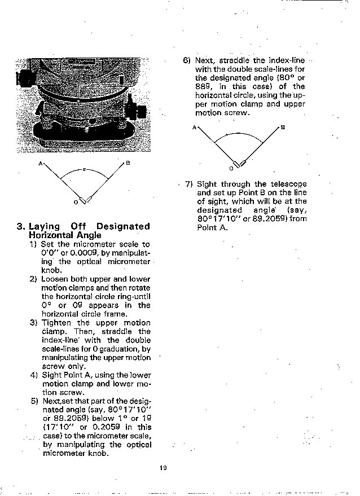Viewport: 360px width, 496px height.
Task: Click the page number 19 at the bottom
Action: tap(163, 467)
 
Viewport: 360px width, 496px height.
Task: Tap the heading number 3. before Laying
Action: tap(21, 227)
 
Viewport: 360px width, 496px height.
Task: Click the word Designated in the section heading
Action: tap(123, 227)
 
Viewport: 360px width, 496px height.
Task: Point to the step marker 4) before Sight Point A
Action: tap(34, 375)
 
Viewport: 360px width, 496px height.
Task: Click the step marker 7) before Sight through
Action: tap(188, 184)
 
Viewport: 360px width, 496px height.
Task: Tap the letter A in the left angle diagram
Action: tap(41, 164)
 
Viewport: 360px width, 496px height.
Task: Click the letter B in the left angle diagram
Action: tap(128, 164)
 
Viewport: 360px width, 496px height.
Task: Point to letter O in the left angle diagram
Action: tap(76, 201)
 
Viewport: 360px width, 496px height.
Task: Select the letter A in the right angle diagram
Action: tap(194, 128)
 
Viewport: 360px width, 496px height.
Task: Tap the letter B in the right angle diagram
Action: tap(283, 128)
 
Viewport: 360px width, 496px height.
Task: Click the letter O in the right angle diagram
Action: tap(230, 168)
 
